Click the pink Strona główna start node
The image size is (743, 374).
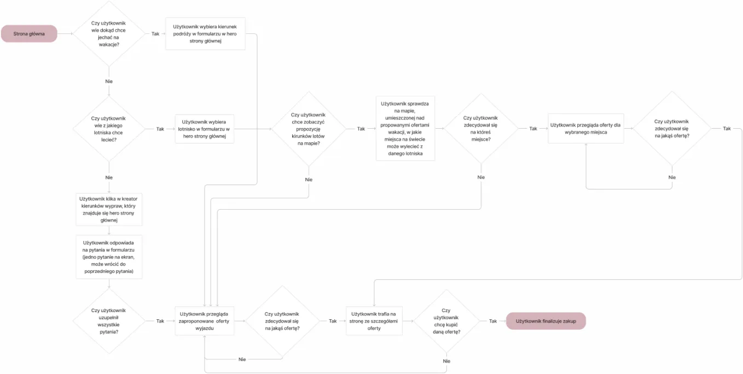29,33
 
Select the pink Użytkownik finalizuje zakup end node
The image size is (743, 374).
545,321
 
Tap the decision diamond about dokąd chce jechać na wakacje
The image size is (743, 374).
108,34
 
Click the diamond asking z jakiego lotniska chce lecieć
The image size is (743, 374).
108,129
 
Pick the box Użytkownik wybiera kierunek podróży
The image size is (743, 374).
205,33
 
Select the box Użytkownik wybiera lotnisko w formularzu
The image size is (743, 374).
204,129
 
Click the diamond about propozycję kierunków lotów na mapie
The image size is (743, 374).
309,129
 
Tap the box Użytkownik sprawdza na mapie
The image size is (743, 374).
405,129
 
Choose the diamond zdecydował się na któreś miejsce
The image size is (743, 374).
480,129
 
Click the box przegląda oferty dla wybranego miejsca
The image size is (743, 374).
585,129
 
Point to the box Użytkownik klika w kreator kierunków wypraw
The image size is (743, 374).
109,209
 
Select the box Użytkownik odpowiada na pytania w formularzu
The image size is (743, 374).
109,257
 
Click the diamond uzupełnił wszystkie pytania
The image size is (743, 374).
108,321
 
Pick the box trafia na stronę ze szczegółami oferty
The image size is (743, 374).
374,321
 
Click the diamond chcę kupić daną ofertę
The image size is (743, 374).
446,321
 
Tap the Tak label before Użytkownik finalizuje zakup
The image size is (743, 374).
493,321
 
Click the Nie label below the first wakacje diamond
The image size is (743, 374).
109,81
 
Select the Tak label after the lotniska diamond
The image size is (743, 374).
160,129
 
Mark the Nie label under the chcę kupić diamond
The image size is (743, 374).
446,361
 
